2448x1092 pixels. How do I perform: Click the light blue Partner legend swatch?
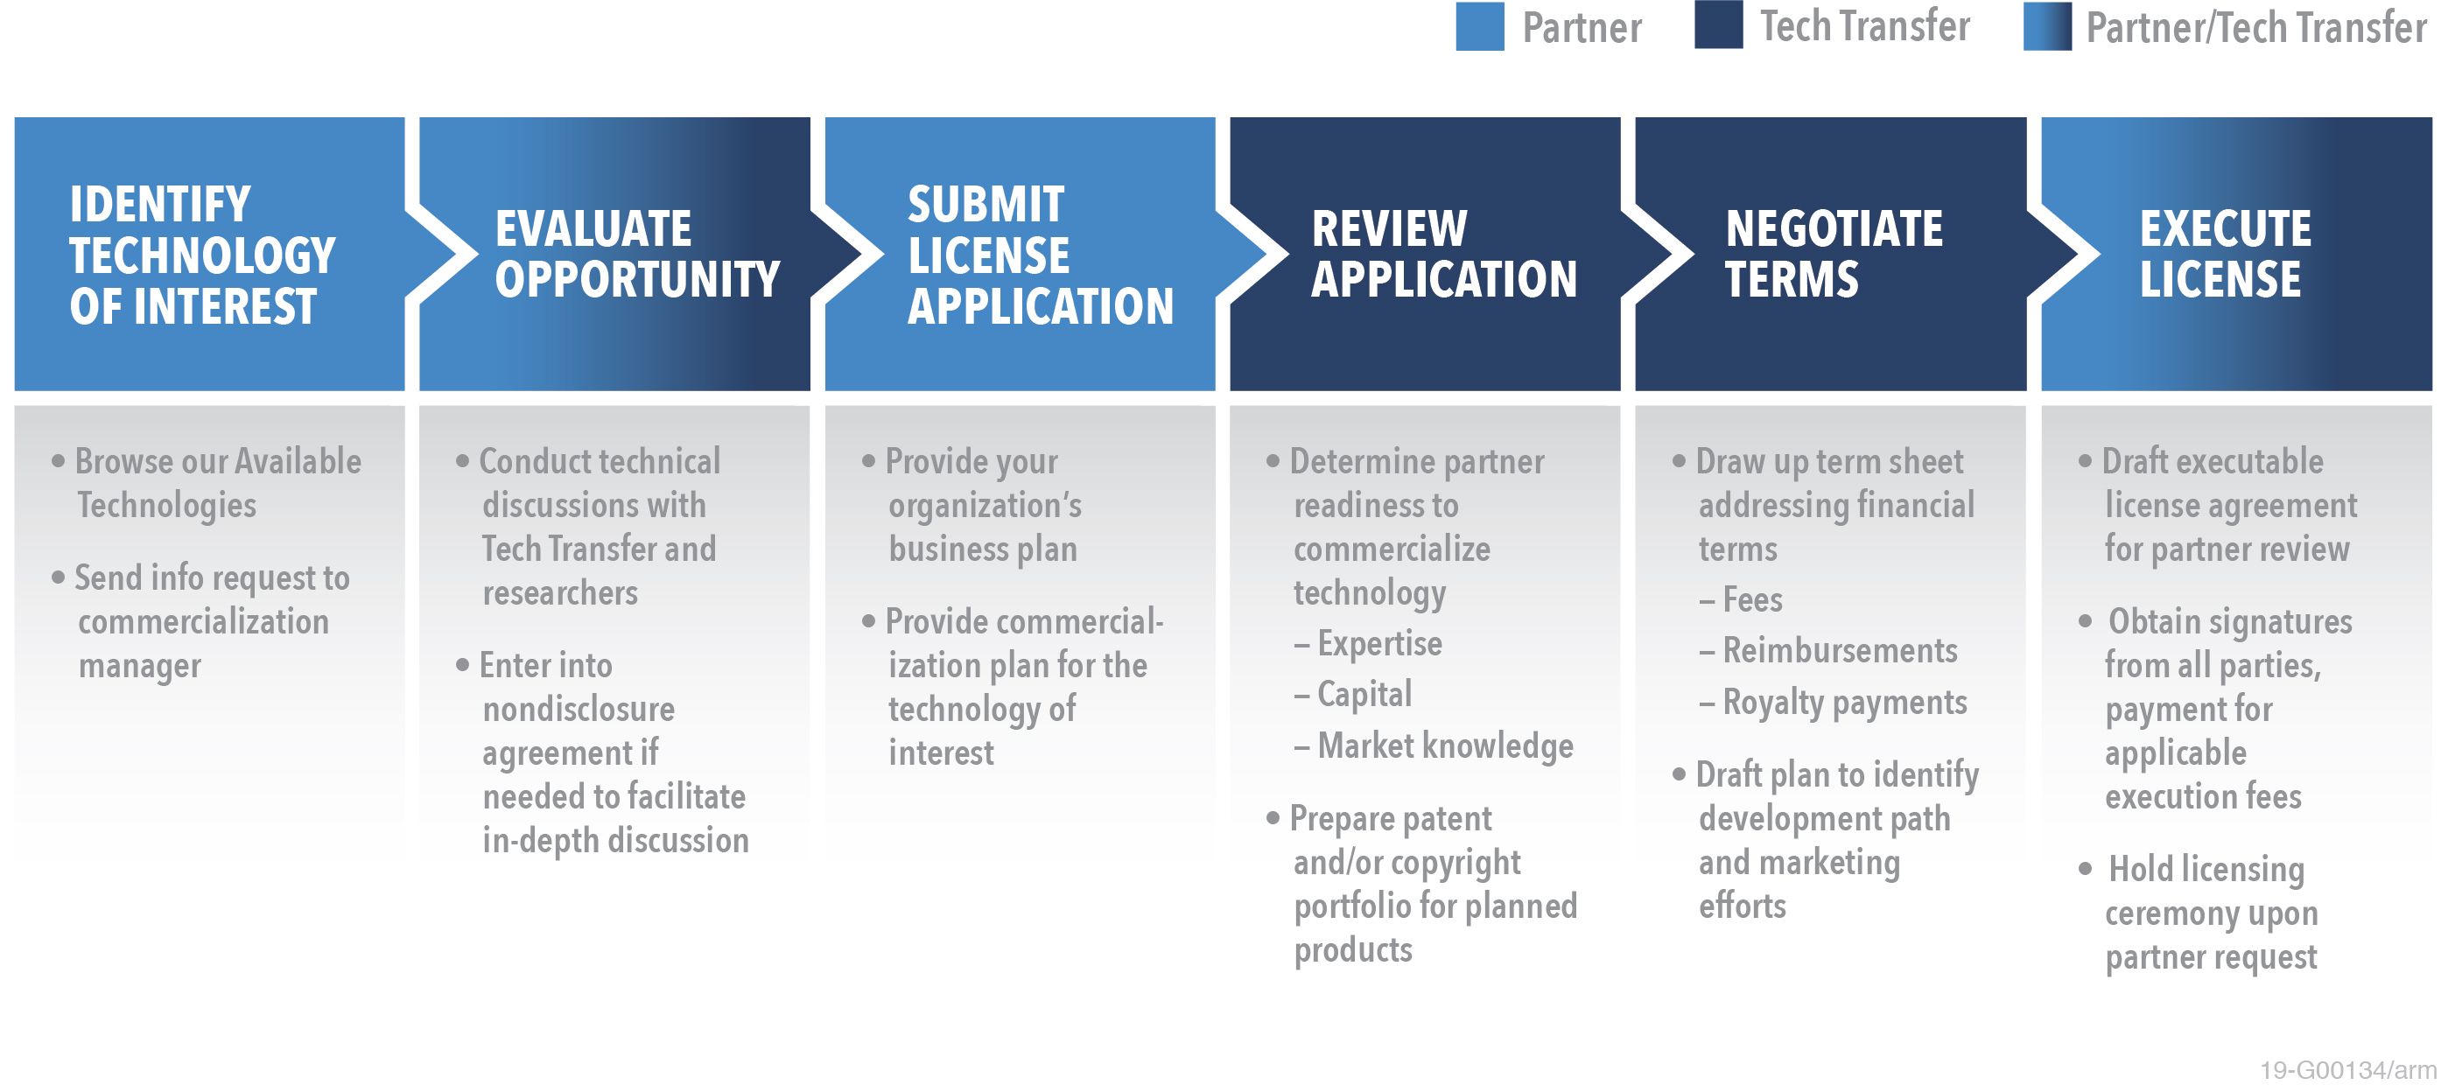click(x=1480, y=26)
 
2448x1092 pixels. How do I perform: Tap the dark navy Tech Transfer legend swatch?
click(x=1718, y=24)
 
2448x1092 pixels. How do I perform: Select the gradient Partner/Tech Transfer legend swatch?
click(x=2047, y=26)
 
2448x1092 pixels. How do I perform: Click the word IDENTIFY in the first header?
click(x=159, y=205)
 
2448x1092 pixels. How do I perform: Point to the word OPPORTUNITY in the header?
click(x=636, y=279)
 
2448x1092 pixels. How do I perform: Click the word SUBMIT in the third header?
click(x=986, y=205)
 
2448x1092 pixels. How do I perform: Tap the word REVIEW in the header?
click(x=1389, y=229)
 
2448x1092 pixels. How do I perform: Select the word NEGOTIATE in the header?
click(x=1834, y=229)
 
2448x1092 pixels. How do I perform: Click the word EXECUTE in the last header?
click(x=2225, y=229)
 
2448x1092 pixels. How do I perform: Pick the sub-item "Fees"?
click(x=1752, y=599)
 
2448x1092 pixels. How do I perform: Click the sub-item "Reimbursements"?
click(x=1840, y=651)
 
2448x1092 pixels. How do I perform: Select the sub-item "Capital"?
click(x=1364, y=695)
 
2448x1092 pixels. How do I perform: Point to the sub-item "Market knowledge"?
click(x=1445, y=746)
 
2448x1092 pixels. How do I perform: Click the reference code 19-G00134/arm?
click(x=2347, y=1070)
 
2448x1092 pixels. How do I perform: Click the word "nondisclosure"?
click(x=579, y=709)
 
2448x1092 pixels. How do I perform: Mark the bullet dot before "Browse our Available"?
click(x=58, y=462)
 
